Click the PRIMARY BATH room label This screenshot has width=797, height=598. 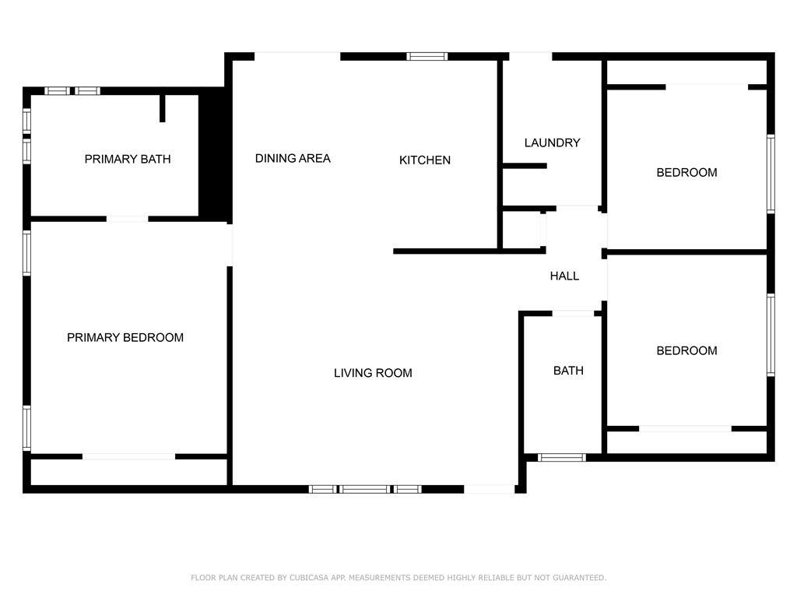[128, 159]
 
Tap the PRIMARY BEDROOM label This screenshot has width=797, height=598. [125, 338]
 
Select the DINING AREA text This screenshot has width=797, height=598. [293, 159]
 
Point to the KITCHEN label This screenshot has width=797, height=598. [425, 160]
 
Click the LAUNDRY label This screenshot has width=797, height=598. [553, 143]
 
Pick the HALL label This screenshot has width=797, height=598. [565, 276]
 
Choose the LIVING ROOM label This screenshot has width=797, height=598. [373, 373]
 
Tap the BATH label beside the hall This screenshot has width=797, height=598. [568, 371]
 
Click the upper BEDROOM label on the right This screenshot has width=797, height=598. [686, 173]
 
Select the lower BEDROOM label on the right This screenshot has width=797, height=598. [686, 351]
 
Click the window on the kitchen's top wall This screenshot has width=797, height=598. [427, 56]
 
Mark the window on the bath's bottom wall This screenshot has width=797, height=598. [562, 458]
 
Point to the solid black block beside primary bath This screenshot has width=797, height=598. [215, 155]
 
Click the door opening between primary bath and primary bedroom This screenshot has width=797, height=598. [127, 219]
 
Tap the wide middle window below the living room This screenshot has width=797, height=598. [365, 489]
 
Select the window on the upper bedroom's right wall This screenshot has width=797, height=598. [771, 174]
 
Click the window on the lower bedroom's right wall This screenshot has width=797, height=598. [771, 335]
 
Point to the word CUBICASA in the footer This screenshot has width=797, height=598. [309, 578]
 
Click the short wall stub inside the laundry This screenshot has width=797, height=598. [525, 166]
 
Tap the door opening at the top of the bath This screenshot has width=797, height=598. [573, 313]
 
